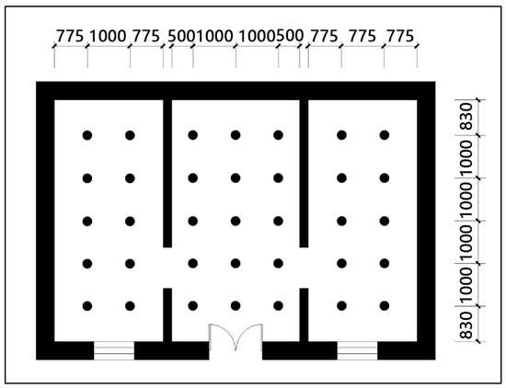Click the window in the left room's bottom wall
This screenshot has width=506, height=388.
(x=114, y=350)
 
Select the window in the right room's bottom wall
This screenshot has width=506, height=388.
(x=357, y=350)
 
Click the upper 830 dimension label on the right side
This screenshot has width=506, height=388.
(x=466, y=117)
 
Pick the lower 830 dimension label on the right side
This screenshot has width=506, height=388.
(x=466, y=325)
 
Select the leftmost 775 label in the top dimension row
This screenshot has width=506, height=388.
(x=70, y=36)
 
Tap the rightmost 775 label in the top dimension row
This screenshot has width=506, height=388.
(x=400, y=36)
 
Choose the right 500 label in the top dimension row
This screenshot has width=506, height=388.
(x=290, y=36)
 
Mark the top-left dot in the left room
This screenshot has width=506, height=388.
(x=87, y=135)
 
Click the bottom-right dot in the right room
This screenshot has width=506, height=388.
(x=384, y=306)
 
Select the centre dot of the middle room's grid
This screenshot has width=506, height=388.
(x=236, y=221)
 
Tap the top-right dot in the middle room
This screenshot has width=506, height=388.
(x=278, y=135)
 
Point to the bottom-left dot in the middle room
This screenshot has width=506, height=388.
(x=192, y=306)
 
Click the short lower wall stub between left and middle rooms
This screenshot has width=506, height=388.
(x=167, y=314)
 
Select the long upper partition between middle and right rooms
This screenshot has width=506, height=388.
(x=304, y=174)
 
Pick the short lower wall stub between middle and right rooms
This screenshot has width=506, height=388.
(x=304, y=314)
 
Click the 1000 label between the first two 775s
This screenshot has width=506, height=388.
(x=108, y=36)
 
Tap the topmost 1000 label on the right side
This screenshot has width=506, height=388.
(x=466, y=157)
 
